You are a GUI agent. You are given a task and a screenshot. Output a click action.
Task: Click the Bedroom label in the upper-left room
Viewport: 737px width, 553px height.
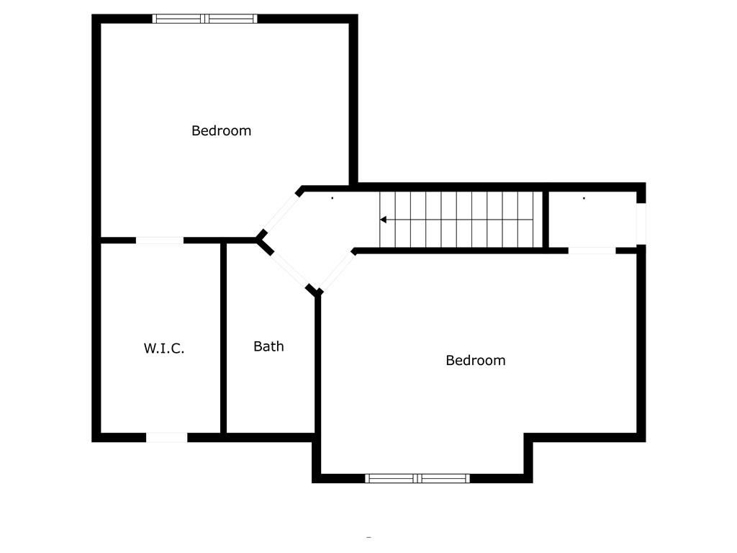pos(222,131)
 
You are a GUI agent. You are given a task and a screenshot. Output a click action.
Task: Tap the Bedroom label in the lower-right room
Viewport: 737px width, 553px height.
pos(476,361)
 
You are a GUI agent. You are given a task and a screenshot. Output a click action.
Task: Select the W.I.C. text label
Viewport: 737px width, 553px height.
pos(164,349)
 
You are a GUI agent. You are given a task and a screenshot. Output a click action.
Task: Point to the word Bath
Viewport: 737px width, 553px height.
pos(268,346)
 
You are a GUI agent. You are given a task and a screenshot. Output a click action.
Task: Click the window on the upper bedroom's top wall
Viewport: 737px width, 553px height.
pos(204,19)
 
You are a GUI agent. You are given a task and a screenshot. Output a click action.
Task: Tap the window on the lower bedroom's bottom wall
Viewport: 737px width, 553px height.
pos(417,478)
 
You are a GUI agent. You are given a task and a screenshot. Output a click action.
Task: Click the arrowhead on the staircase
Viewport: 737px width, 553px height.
pos(383,220)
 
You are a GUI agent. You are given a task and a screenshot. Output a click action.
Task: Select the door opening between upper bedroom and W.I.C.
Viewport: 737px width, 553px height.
pos(160,240)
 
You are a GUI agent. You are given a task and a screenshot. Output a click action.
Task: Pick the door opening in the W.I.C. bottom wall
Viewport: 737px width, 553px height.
pos(166,437)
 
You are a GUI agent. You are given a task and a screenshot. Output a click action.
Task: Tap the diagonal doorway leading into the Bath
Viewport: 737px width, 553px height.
pos(289,270)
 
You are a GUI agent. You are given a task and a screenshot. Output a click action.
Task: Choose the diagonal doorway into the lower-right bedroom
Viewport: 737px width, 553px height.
pos(337,271)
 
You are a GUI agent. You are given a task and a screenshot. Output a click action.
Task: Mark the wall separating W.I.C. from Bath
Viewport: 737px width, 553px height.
pos(223,338)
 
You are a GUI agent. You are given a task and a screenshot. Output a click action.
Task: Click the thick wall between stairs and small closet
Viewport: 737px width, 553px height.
pos(546,219)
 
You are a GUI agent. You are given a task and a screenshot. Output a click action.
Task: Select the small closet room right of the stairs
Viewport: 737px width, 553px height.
pos(593,219)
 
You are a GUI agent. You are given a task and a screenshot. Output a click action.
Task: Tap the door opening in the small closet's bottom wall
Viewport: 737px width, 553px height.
pos(592,251)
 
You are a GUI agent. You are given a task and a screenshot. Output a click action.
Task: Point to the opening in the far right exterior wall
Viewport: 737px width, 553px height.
pos(641,223)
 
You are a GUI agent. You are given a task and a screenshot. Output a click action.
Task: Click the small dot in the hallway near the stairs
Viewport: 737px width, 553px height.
pos(333,198)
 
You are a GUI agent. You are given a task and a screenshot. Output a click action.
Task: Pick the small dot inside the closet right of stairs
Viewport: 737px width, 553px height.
pos(584,198)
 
